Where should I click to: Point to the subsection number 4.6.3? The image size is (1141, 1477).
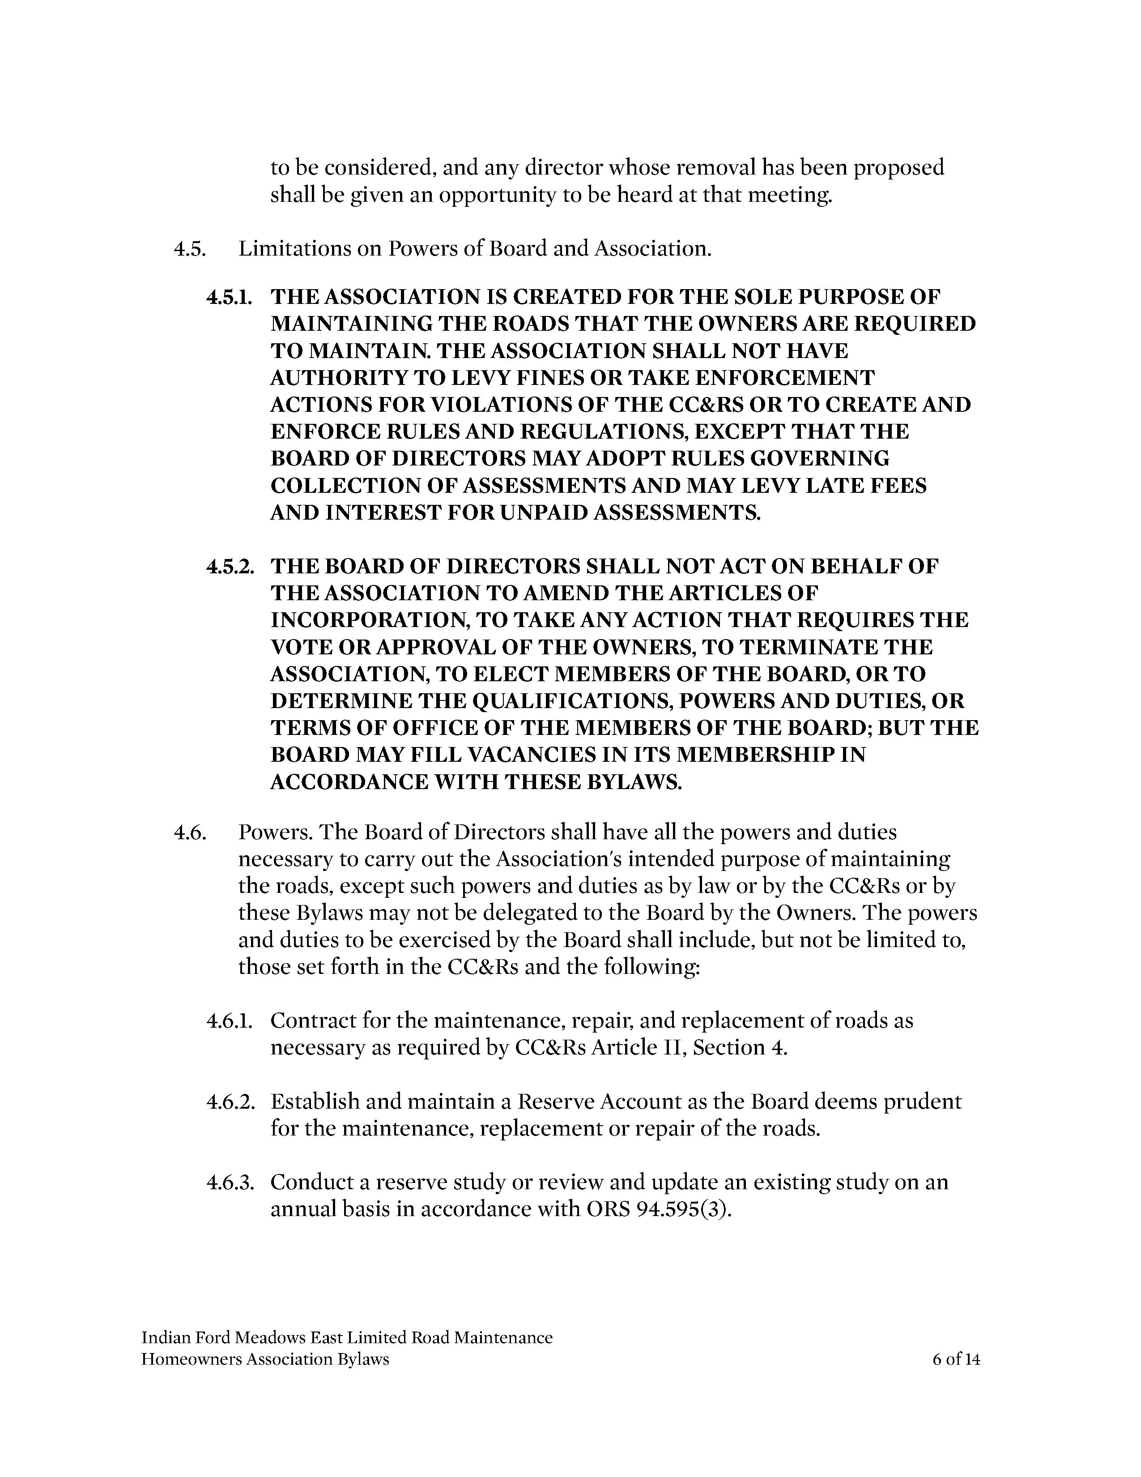pos(229,1182)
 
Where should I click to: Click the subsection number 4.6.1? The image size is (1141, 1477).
pos(229,1020)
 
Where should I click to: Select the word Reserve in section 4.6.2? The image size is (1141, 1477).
pos(555,1101)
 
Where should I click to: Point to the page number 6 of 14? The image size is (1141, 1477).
pos(956,1359)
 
